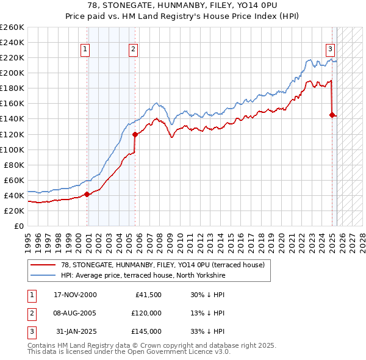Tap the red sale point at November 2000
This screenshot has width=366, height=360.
pyautogui.click(x=87, y=194)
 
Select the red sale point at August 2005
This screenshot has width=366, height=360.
pyautogui.click(x=135, y=134)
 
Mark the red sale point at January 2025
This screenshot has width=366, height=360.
pyautogui.click(x=332, y=115)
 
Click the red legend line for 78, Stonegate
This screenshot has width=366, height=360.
pyautogui.click(x=42, y=265)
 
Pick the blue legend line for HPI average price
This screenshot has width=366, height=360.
pyautogui.click(x=42, y=276)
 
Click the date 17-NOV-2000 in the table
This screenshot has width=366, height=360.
pyautogui.click(x=76, y=295)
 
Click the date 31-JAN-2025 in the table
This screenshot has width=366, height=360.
pyautogui.click(x=76, y=331)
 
